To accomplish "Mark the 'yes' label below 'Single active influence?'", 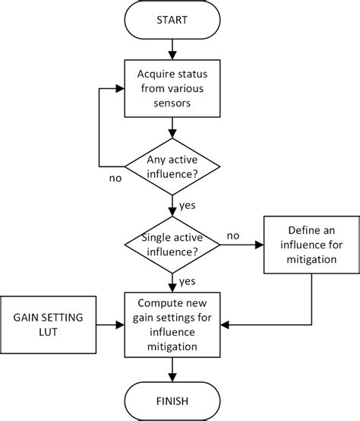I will pyautogui.click(x=187, y=282).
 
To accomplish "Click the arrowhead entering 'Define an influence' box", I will pyautogui.click(x=261, y=244).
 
